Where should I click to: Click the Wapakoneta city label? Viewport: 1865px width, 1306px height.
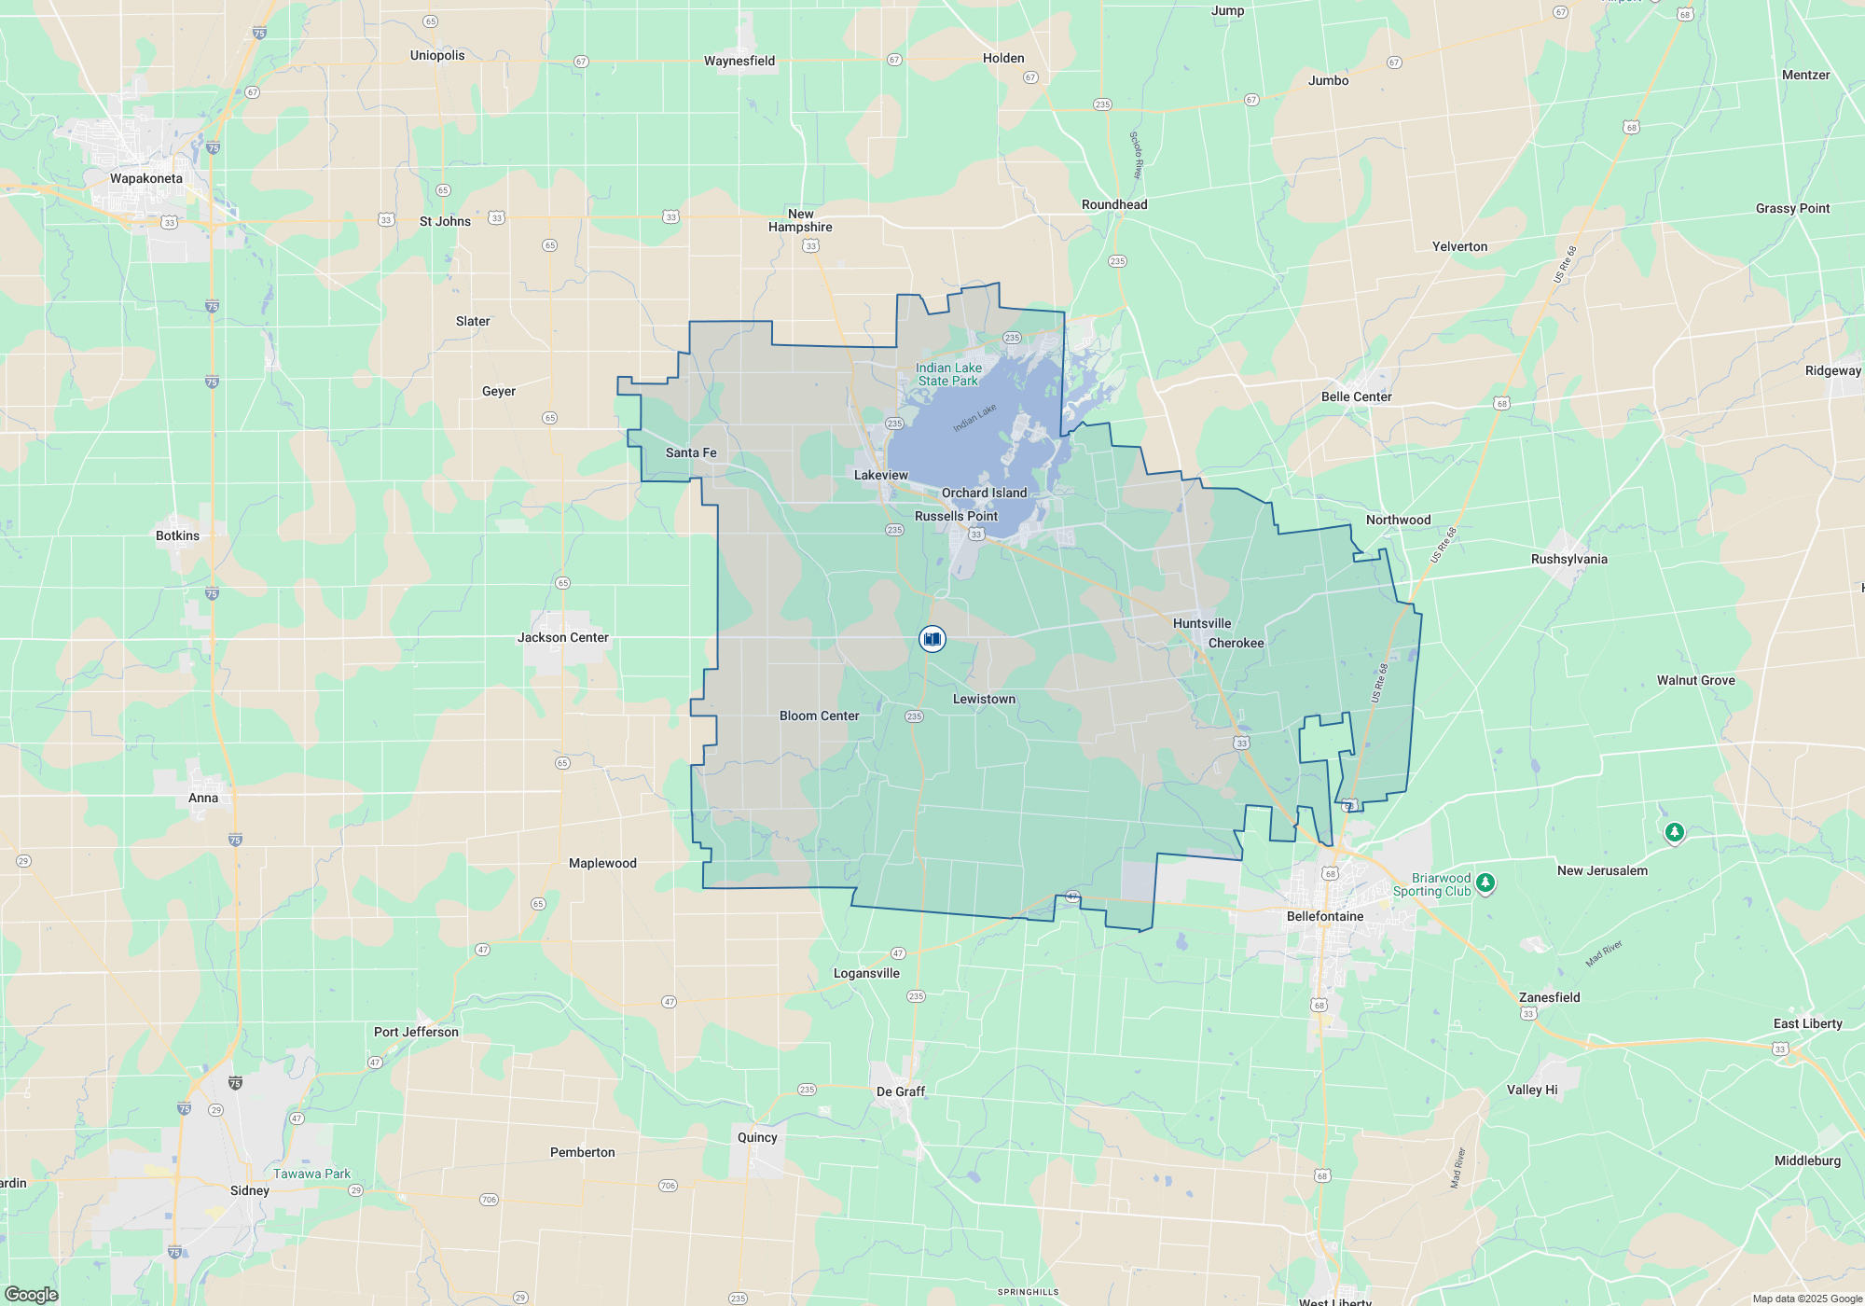(x=146, y=178)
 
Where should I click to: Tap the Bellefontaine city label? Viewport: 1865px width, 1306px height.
(x=1325, y=916)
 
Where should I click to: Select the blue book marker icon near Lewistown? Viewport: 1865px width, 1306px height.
(x=932, y=639)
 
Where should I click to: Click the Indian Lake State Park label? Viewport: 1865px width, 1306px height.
(x=948, y=374)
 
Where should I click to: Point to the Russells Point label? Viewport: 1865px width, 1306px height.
(x=956, y=516)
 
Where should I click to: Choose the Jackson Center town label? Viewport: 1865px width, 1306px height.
(x=563, y=637)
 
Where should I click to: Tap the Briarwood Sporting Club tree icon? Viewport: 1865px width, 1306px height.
(x=1486, y=882)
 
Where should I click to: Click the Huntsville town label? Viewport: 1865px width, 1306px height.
(x=1202, y=623)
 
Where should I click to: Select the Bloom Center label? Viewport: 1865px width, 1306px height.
(x=820, y=716)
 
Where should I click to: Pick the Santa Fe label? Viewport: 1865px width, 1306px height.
(x=691, y=452)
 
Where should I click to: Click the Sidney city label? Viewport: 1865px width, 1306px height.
(x=250, y=1190)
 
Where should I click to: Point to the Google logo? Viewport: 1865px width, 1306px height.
(x=32, y=1294)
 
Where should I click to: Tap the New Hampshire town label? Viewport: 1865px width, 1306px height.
(x=800, y=220)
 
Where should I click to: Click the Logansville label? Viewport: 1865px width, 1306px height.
(x=866, y=973)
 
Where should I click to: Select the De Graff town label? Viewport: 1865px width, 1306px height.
(x=901, y=1091)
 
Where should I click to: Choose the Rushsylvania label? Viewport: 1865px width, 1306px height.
(x=1569, y=559)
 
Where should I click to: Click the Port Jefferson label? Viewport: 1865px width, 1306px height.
(x=416, y=1032)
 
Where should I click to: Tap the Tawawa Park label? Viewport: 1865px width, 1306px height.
(x=311, y=1174)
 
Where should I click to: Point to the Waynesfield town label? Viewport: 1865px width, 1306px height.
(x=739, y=61)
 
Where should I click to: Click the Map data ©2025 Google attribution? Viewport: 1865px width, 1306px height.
(x=1807, y=1299)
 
